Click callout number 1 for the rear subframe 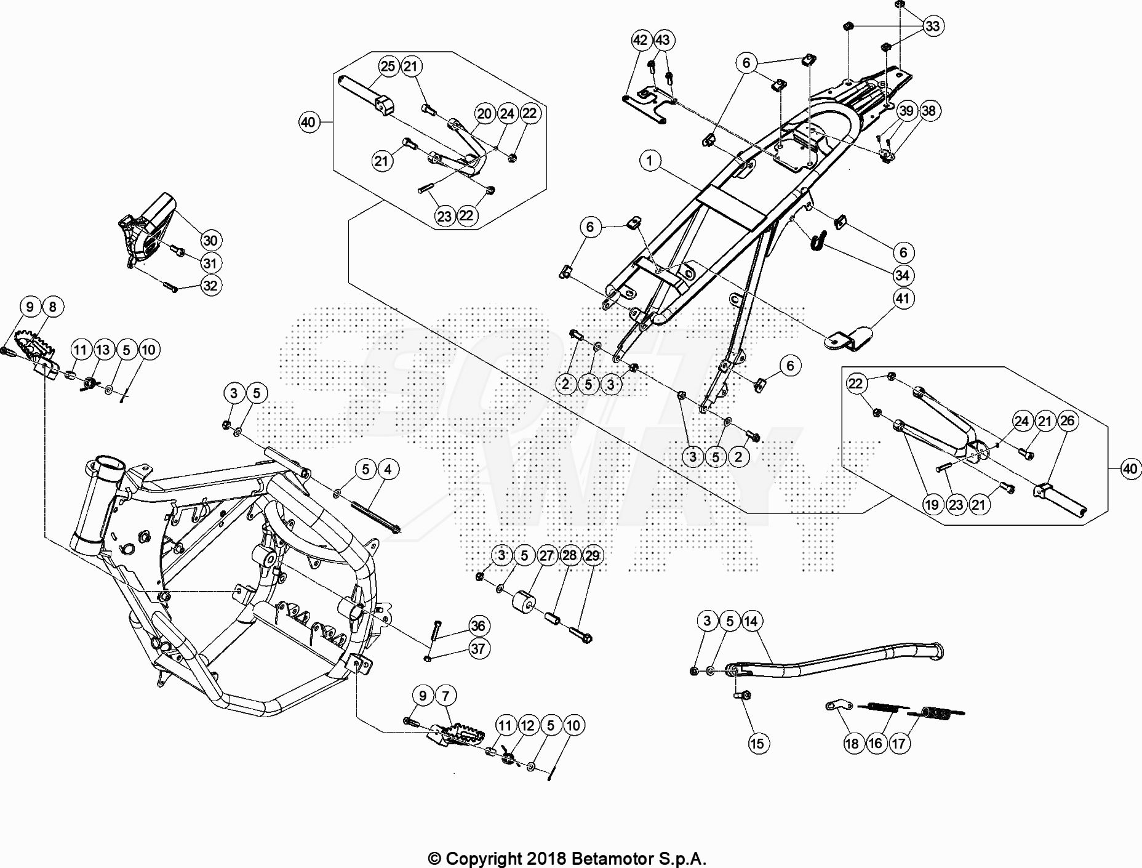click(650, 161)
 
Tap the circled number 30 click(210, 241)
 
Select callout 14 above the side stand click(751, 621)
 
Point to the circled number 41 click(903, 299)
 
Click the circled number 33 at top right click(933, 26)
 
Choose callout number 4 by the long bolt click(388, 470)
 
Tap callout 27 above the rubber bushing click(546, 555)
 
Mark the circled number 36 click(478, 626)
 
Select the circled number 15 click(757, 744)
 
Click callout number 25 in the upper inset click(388, 66)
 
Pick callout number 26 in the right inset click(1068, 420)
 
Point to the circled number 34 click(903, 275)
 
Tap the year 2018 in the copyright click(547, 858)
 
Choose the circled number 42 click(641, 40)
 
